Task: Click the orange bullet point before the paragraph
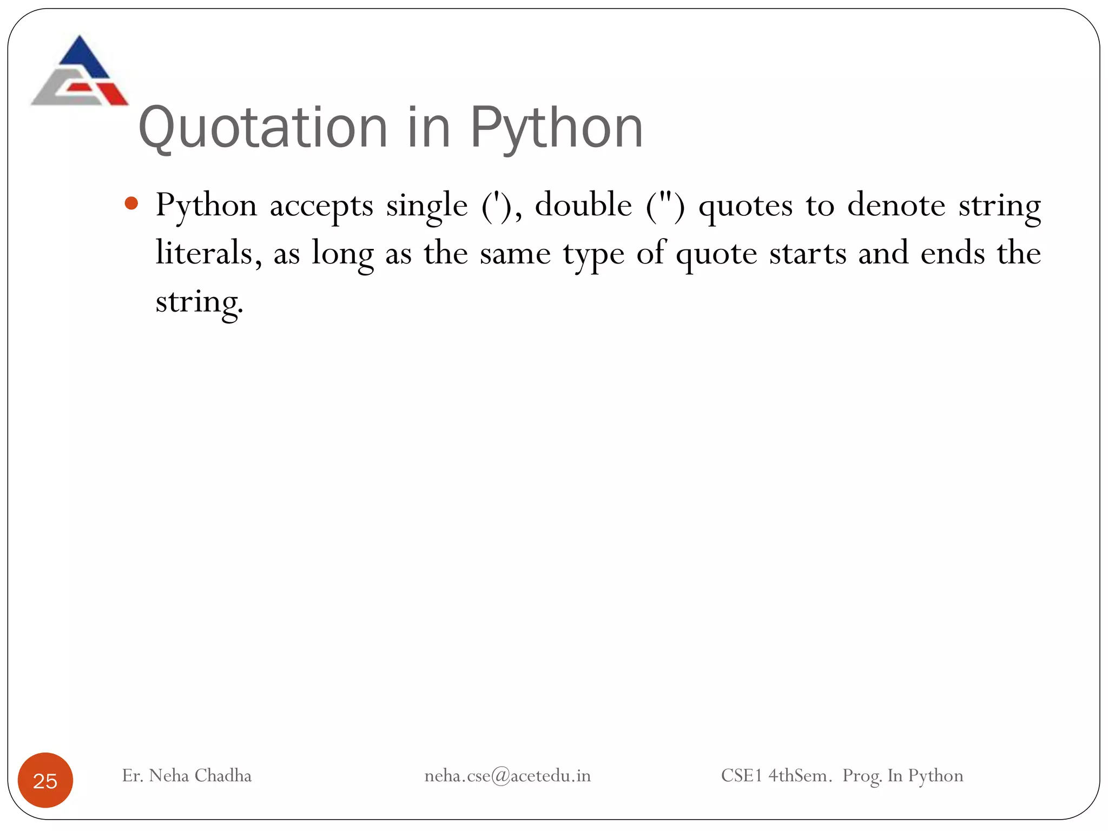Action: click(x=131, y=204)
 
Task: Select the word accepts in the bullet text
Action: click(x=321, y=206)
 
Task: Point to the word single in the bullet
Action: click(x=426, y=206)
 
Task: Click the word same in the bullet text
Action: click(x=515, y=254)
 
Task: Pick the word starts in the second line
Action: click(x=807, y=254)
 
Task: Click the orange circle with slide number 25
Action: click(x=45, y=780)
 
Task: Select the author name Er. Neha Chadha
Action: click(x=187, y=775)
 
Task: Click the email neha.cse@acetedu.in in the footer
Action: click(x=507, y=776)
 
